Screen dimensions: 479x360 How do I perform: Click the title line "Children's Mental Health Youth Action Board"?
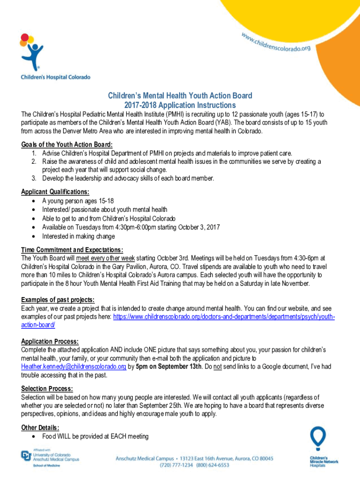coord(180,96)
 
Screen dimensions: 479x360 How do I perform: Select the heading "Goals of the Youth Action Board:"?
coord(67,145)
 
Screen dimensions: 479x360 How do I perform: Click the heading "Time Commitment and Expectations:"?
coord(72,249)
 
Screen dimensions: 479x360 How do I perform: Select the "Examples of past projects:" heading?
coord(58,299)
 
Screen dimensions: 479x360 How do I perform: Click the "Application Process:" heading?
coord(50,341)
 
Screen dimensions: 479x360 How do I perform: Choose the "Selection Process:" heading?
coord(47,389)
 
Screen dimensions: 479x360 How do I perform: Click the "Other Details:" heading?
coord(40,428)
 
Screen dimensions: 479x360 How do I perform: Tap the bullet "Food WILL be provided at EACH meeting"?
coord(95,436)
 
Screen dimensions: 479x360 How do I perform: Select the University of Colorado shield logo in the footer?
coord(26,456)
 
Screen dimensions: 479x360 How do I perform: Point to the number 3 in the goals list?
coord(34,178)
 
